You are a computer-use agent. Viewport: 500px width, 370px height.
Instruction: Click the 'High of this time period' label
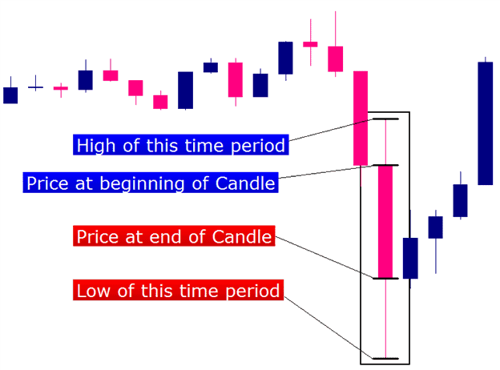coord(181,145)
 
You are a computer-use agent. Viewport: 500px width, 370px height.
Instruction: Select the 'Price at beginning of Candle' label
coord(151,183)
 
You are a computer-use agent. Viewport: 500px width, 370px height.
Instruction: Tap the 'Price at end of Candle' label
coord(174,236)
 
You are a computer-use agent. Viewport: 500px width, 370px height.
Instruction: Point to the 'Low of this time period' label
coord(178,290)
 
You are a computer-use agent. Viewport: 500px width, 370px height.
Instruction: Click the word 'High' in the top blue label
coord(95,146)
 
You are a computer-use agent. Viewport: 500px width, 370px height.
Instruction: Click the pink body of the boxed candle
coord(385,222)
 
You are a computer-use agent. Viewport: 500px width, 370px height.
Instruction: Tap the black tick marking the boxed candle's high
coord(385,119)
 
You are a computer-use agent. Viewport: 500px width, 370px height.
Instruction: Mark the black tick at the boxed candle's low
coord(385,359)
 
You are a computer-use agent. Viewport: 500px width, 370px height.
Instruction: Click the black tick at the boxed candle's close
coord(385,279)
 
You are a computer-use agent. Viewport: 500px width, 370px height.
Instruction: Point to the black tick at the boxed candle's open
coord(385,165)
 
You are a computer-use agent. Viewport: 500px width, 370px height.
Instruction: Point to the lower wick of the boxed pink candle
coord(385,318)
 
